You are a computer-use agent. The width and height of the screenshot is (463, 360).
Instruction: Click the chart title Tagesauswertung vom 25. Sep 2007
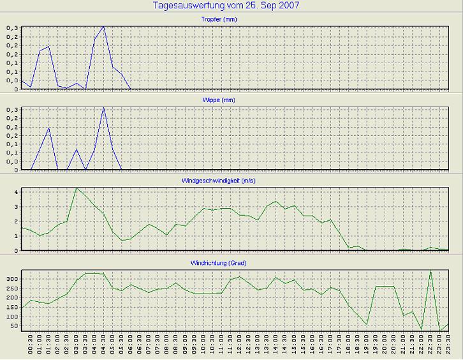point(226,5)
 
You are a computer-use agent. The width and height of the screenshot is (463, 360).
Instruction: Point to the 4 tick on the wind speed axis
point(17,191)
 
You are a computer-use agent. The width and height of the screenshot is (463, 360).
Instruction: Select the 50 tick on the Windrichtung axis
point(15,326)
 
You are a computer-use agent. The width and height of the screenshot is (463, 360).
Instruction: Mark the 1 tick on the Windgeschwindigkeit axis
point(17,236)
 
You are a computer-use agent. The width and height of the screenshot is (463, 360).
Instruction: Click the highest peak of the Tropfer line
point(103,26)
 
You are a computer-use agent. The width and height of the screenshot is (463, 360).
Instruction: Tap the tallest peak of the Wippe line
point(103,107)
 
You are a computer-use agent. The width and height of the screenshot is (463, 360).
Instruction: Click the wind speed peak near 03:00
point(77,188)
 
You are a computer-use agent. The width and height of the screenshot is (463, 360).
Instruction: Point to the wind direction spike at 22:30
point(430,271)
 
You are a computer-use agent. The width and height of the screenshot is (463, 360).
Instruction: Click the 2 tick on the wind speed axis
point(17,221)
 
